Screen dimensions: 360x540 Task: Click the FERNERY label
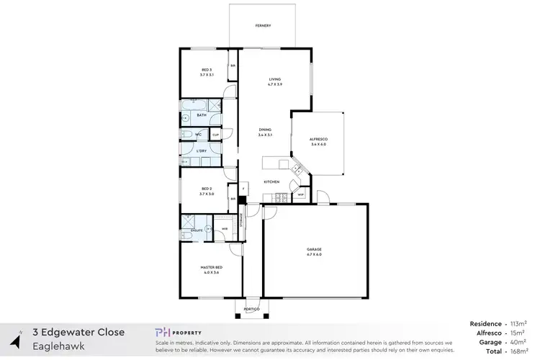click(x=263, y=26)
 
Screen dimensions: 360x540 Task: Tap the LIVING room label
click(x=274, y=79)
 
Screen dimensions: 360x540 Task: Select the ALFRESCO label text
click(x=318, y=140)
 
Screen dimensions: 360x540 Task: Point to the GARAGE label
click(x=314, y=249)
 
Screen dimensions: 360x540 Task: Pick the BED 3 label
click(x=207, y=69)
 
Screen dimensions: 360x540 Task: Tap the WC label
click(x=198, y=134)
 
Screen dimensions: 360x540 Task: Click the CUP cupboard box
click(x=215, y=134)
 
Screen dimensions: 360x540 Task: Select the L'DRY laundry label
click(x=202, y=151)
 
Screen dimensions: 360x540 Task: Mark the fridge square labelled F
click(x=244, y=189)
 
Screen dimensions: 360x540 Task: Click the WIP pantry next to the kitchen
click(x=301, y=194)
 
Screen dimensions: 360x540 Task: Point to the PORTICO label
click(x=251, y=309)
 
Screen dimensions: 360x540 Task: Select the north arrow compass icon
click(x=14, y=339)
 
